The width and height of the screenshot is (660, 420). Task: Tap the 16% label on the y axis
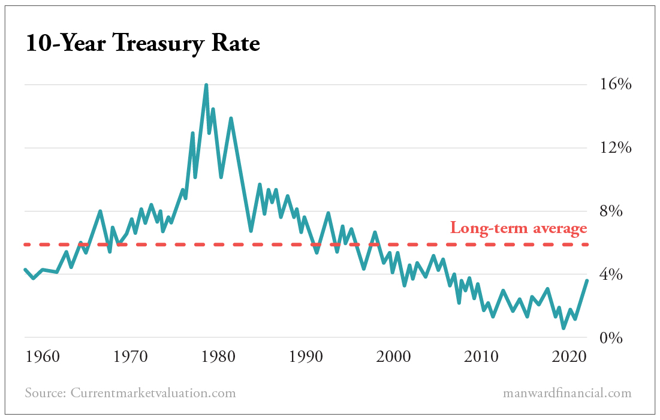click(616, 84)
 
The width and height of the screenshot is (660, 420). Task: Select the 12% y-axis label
click(616, 148)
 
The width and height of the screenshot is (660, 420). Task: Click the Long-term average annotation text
click(519, 228)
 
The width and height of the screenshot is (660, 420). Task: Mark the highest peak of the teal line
click(206, 85)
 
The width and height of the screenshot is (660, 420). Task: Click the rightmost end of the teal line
click(587, 281)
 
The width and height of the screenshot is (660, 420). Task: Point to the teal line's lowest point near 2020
click(563, 328)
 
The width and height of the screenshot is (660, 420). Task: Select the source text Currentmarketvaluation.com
click(153, 393)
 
